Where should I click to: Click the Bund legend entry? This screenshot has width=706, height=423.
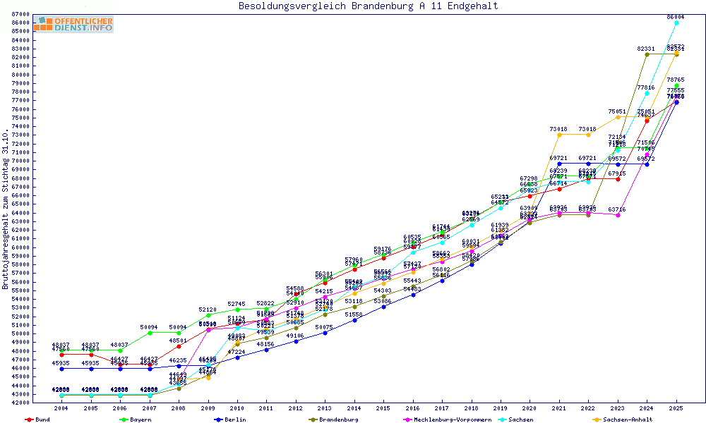tap(41, 419)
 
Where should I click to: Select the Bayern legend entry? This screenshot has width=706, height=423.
tap(140, 419)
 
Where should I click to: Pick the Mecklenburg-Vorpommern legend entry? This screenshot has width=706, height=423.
tap(457, 419)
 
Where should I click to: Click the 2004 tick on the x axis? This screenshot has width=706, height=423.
tap(62, 408)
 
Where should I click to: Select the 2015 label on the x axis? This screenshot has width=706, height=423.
tap(383, 408)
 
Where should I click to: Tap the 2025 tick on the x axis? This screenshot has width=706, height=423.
tap(676, 408)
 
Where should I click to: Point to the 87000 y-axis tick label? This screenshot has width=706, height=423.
tap(20, 14)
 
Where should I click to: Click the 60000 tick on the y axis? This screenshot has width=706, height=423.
tap(20, 247)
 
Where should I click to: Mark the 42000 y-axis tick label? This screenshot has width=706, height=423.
tap(20, 403)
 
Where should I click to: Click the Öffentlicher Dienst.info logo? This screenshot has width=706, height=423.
tap(73, 24)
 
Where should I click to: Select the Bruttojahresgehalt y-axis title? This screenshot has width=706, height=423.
tap(6, 209)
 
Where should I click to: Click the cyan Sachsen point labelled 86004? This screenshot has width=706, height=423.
tap(676, 23)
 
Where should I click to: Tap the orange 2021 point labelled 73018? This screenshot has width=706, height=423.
tap(559, 135)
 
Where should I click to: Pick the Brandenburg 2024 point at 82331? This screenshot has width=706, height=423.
tap(647, 54)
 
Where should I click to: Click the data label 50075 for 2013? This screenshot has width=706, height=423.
tap(324, 327)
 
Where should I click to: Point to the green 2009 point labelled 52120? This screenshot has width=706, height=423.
tap(208, 315)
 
